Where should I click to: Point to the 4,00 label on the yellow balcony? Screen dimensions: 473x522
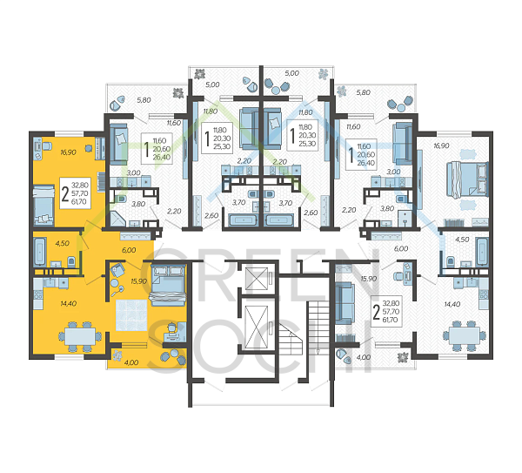[x=130, y=362]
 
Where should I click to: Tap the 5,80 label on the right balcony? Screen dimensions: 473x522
[x=364, y=92]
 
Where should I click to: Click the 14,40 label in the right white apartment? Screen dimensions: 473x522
[x=453, y=304]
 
